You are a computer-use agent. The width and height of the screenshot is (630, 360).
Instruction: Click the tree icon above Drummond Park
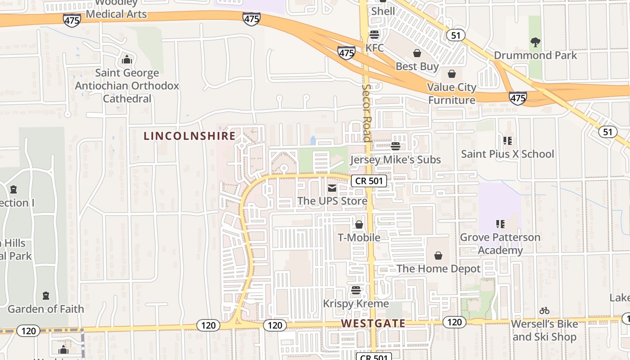coord(535,42)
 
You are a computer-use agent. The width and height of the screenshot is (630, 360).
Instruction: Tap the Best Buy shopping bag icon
coord(417,54)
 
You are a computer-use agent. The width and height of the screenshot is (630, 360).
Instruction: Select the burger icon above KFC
coord(374,35)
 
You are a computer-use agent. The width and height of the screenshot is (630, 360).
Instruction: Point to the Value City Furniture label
coord(451,94)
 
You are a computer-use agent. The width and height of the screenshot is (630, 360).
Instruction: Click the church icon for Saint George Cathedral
coord(127,59)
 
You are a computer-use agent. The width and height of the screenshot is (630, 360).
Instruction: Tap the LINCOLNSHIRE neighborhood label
coord(189,136)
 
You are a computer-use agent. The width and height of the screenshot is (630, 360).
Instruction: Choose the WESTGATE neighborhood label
coord(373,323)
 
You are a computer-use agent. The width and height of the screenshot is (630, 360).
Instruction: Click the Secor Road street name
coord(367,112)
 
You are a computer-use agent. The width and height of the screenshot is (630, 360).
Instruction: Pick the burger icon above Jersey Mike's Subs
coord(396,146)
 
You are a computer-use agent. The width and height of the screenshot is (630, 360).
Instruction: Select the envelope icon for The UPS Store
coord(332,188)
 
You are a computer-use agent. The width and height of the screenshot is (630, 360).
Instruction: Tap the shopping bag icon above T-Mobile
coord(359,225)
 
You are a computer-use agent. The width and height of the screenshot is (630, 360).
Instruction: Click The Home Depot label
coord(438,269)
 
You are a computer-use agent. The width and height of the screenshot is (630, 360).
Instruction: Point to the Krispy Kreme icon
coord(356,290)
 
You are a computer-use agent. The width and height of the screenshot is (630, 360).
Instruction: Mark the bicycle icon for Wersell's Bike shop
coord(544,310)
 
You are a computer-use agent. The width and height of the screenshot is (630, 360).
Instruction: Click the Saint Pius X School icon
coord(508,141)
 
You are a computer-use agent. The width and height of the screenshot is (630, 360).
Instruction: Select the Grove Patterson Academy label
coord(500,243)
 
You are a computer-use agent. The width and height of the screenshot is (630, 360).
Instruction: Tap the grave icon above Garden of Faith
coord(45,296)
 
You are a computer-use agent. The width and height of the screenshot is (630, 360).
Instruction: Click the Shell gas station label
coord(383,11)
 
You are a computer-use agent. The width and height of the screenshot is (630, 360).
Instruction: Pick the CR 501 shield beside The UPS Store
coord(369,181)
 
